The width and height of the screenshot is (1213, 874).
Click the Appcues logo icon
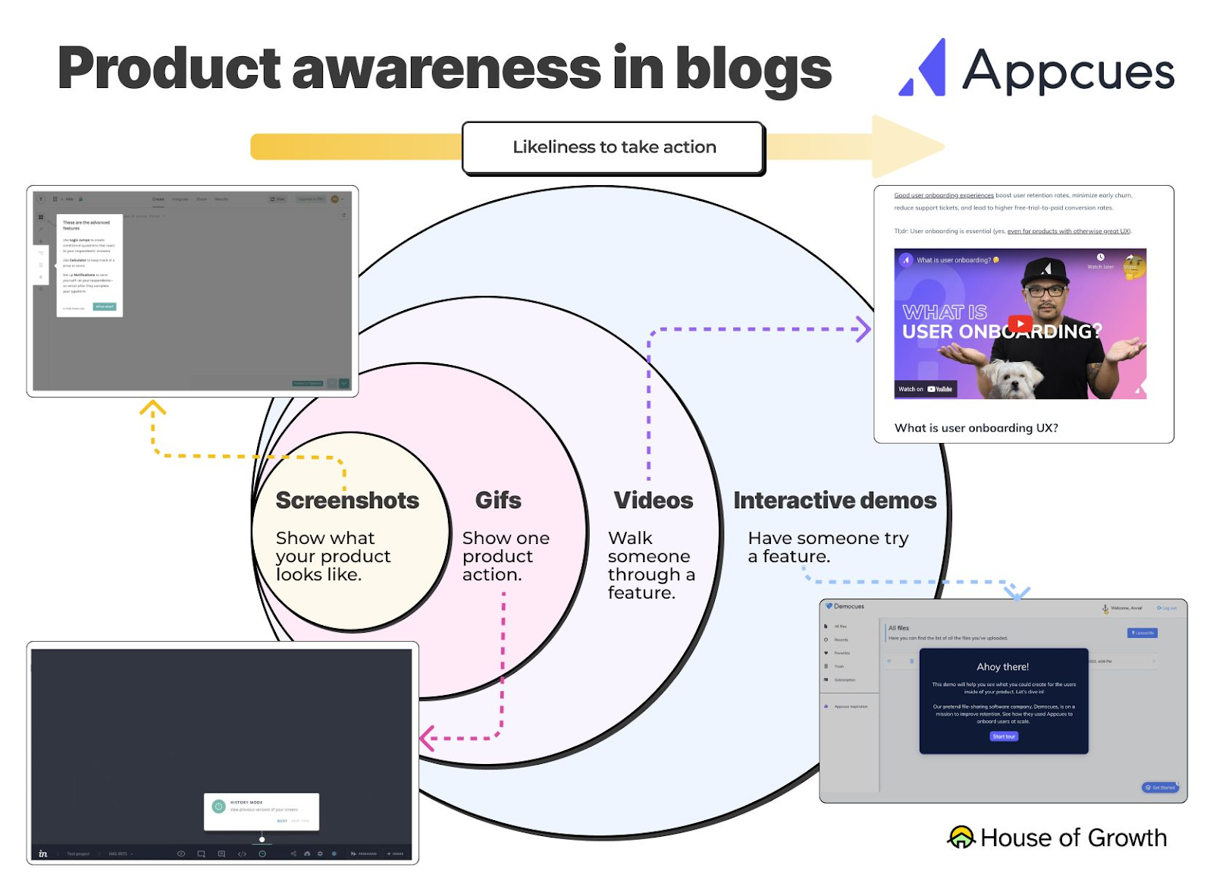pyautogui.click(x=924, y=70)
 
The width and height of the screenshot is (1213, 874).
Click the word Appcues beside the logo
pyautogui.click(x=1067, y=71)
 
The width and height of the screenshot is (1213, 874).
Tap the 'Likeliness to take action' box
pyautogui.click(x=613, y=147)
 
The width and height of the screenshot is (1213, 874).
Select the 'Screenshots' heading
pyautogui.click(x=347, y=501)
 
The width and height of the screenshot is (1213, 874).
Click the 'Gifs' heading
pyautogui.click(x=498, y=501)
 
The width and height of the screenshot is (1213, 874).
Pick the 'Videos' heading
pyautogui.click(x=653, y=501)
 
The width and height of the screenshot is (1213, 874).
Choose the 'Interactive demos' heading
pyautogui.click(x=835, y=501)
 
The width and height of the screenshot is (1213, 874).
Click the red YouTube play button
pyautogui.click(x=1020, y=324)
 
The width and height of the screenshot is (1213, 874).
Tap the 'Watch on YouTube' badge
pyautogui.click(x=926, y=389)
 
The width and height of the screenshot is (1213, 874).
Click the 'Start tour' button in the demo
pyautogui.click(x=1004, y=737)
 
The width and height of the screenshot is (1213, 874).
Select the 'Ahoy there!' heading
pyautogui.click(x=1002, y=667)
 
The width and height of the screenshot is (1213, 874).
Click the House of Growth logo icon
pyautogui.click(x=961, y=837)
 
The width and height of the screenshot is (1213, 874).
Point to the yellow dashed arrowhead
pyautogui.click(x=152, y=407)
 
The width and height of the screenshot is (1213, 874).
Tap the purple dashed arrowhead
pyautogui.click(x=864, y=329)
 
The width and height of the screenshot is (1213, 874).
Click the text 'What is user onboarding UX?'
pyautogui.click(x=976, y=428)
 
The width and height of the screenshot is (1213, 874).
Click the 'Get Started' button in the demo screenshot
pyautogui.click(x=1160, y=788)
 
